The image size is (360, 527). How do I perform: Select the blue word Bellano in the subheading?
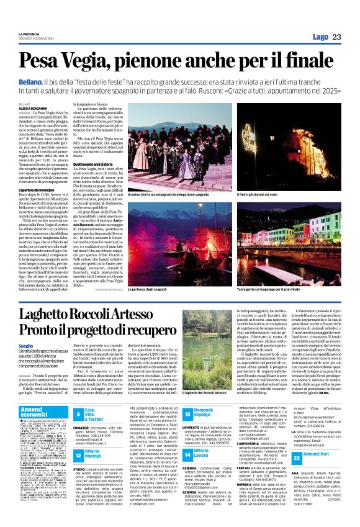(30, 82)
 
